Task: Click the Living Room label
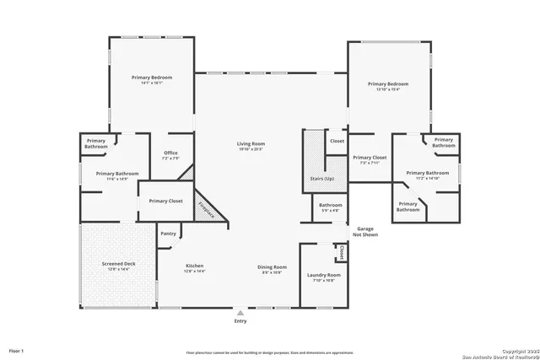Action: [251, 144]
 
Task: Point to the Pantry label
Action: [168, 234]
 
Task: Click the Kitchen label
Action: [195, 267]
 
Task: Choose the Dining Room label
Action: [272, 267]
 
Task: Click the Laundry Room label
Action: [323, 275]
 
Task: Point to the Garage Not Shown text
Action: [364, 231]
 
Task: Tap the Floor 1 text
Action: [16, 350]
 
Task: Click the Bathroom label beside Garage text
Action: [330, 205]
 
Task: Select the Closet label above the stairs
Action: [337, 141]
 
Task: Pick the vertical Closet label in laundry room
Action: [342, 252]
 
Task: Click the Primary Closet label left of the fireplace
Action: [165, 201]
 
